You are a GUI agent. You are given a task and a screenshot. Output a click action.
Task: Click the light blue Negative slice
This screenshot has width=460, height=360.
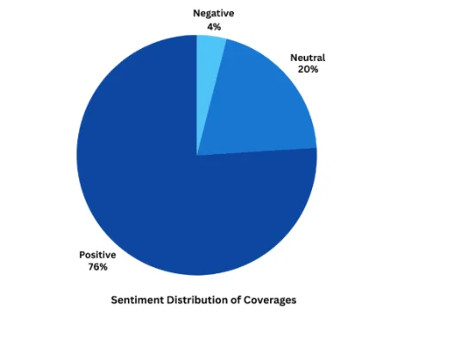pyautogui.click(x=208, y=73)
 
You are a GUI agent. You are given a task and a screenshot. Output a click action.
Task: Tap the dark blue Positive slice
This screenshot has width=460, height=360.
pyautogui.click(x=176, y=191)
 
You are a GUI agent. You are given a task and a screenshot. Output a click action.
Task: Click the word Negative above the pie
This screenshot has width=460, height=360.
pyautogui.click(x=213, y=14)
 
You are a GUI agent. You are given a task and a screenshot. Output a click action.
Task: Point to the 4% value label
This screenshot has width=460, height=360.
pyautogui.click(x=214, y=27)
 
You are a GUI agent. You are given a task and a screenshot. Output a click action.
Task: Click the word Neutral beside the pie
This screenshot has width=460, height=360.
pyautogui.click(x=308, y=58)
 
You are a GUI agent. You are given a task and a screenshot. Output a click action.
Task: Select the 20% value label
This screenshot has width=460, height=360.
pyautogui.click(x=308, y=70)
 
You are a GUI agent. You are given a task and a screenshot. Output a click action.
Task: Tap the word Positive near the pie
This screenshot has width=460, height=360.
pyautogui.click(x=98, y=255)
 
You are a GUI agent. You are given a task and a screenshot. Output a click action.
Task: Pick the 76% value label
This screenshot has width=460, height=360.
pyautogui.click(x=98, y=266)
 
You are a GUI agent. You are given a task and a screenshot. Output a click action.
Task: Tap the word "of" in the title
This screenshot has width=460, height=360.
pyautogui.click(x=236, y=300)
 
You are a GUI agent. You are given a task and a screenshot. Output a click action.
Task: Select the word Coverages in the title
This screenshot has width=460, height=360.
pyautogui.click(x=270, y=300)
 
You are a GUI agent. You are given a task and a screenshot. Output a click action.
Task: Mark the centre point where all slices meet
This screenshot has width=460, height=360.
pyautogui.click(x=197, y=155)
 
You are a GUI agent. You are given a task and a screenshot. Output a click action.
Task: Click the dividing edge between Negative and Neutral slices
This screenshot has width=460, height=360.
pyautogui.click(x=212, y=97)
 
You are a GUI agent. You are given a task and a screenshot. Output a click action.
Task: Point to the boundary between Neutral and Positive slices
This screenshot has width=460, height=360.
pyautogui.click(x=257, y=151)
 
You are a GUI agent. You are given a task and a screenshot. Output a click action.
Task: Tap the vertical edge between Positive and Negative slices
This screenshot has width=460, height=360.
pyautogui.click(x=197, y=95)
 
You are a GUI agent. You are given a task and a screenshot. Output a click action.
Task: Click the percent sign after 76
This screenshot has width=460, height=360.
pyautogui.click(x=103, y=266)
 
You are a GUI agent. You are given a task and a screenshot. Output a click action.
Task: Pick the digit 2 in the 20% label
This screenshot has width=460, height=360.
pyautogui.click(x=301, y=70)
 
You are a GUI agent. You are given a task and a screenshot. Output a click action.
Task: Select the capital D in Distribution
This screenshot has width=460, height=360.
pyautogui.click(x=170, y=300)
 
